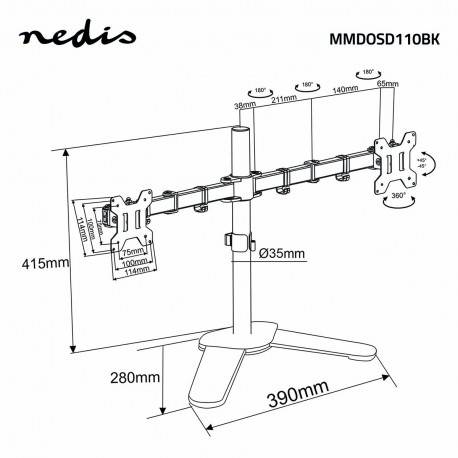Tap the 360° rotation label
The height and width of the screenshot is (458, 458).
pyautogui.click(x=398, y=200)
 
